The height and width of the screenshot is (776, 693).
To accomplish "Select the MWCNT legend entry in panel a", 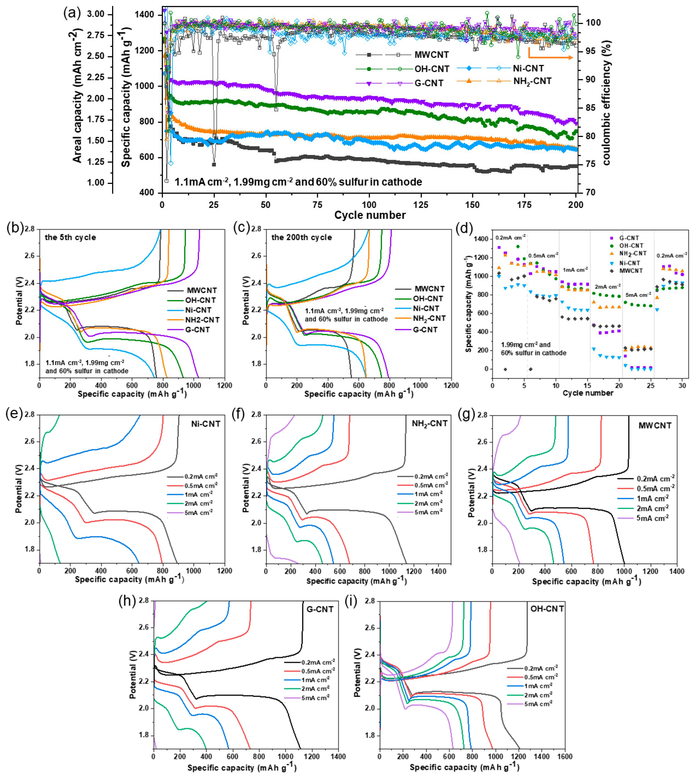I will pyautogui.click(x=431, y=55).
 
